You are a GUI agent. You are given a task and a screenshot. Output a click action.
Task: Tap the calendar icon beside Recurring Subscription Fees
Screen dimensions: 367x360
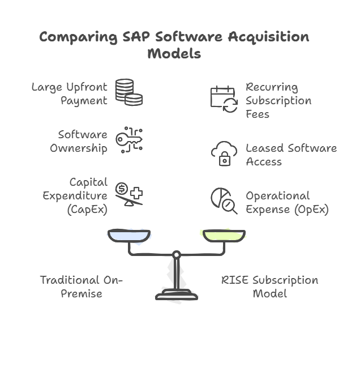pyautogui.click(x=224, y=99)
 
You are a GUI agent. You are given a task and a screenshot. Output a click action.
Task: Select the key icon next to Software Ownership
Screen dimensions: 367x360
pyautogui.click(x=128, y=140)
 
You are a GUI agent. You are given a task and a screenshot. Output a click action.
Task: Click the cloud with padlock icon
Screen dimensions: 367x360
pyautogui.click(x=224, y=153)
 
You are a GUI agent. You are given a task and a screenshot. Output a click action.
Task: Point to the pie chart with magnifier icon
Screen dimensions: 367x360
pyautogui.click(x=224, y=201)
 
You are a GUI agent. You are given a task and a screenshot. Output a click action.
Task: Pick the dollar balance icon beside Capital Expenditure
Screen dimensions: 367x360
pyautogui.click(x=128, y=194)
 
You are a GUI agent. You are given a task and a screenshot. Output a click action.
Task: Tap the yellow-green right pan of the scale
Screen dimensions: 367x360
pyautogui.click(x=224, y=234)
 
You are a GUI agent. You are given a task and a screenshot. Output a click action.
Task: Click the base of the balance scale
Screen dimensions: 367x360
pyautogui.click(x=177, y=295)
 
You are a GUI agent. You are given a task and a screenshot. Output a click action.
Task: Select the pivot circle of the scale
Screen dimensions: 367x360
pyautogui.click(x=177, y=254)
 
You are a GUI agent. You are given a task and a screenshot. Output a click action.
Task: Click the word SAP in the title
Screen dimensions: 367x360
pyautogui.click(x=135, y=38)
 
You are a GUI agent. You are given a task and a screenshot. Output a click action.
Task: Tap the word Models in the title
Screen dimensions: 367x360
pyautogui.click(x=174, y=54)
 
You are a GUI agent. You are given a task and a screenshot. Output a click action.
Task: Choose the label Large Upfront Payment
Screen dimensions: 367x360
pyautogui.click(x=69, y=94)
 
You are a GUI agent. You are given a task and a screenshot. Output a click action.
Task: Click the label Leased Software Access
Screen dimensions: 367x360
pyautogui.click(x=290, y=155)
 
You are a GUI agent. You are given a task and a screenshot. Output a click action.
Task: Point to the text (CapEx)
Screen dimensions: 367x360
pyautogui.click(x=88, y=210)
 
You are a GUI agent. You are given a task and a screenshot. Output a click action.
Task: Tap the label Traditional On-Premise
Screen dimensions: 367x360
pyautogui.click(x=80, y=287)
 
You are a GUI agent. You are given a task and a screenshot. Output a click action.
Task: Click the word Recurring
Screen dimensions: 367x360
pyautogui.click(x=272, y=87)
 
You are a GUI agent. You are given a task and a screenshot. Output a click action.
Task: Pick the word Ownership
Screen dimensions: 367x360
pyautogui.click(x=79, y=148)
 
